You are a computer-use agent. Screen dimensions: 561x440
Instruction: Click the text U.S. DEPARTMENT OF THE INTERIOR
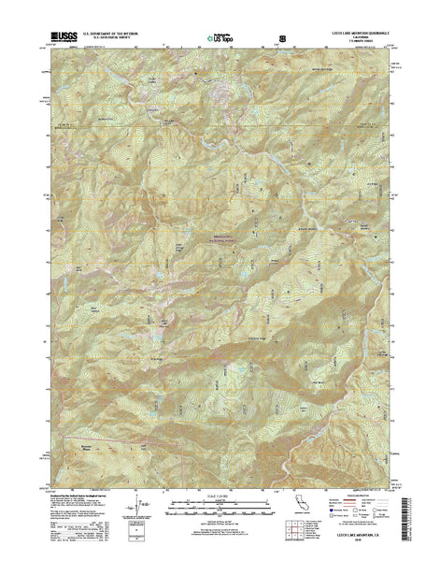pos(116,30)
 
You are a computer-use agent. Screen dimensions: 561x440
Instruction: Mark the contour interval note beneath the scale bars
pos(220,520)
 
